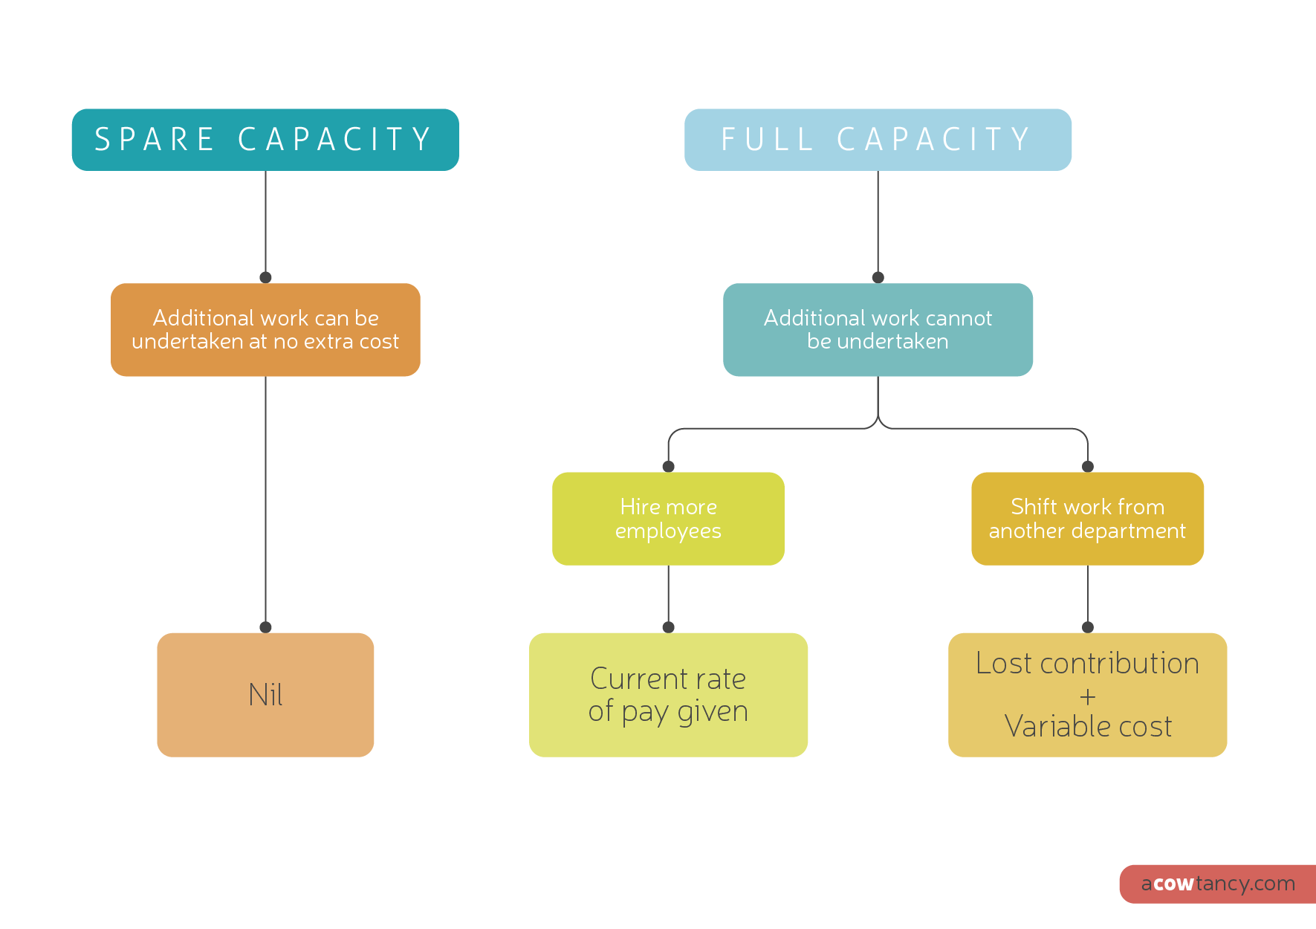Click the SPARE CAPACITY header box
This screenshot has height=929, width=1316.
[265, 140]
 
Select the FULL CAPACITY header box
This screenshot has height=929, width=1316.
[878, 140]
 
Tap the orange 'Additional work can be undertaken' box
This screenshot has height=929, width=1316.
[265, 330]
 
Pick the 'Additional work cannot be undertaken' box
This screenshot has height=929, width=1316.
[878, 330]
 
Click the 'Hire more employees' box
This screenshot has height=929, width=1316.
[668, 519]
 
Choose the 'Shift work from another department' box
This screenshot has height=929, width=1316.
[1087, 519]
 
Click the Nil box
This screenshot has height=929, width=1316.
[265, 695]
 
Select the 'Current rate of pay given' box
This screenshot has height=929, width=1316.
[668, 695]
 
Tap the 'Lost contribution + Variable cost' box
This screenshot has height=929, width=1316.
[1087, 695]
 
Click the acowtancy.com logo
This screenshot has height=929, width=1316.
[1218, 884]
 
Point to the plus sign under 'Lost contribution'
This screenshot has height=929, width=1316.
[1088, 697]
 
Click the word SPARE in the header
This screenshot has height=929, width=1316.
[155, 140]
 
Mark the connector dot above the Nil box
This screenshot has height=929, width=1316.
[265, 627]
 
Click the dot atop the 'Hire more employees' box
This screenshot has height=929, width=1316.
[668, 467]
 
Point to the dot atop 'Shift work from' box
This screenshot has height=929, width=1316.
[1088, 467]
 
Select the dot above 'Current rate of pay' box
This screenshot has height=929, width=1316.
[668, 627]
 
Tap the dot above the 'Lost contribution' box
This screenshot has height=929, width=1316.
[1088, 627]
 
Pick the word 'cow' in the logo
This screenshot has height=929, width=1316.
[1174, 884]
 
